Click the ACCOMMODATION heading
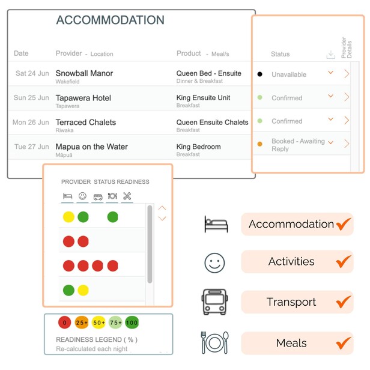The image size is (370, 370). [x=110, y=20]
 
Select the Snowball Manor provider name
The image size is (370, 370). [x=84, y=73]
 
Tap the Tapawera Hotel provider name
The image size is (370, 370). [x=83, y=98]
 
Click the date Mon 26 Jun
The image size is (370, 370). [x=31, y=123]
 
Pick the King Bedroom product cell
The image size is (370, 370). [x=198, y=147]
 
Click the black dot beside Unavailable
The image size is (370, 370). [x=260, y=74]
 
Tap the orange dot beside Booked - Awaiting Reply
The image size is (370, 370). [x=260, y=144]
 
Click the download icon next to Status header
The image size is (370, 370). [x=331, y=55]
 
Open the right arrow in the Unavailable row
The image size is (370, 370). [x=347, y=74]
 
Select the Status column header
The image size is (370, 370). [x=281, y=54]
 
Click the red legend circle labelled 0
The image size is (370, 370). [x=65, y=323]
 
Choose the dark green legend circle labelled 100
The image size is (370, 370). [x=132, y=323]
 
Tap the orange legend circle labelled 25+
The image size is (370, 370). [x=82, y=323]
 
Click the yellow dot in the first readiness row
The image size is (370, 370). [x=68, y=217]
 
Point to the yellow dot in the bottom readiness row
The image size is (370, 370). [x=83, y=290]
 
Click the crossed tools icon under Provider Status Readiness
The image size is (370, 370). [x=127, y=196]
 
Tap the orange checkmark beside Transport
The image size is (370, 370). [x=344, y=302]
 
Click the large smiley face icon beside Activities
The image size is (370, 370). [x=214, y=263]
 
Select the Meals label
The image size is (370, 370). [x=291, y=343]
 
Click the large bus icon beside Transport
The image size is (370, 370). [x=214, y=302]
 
